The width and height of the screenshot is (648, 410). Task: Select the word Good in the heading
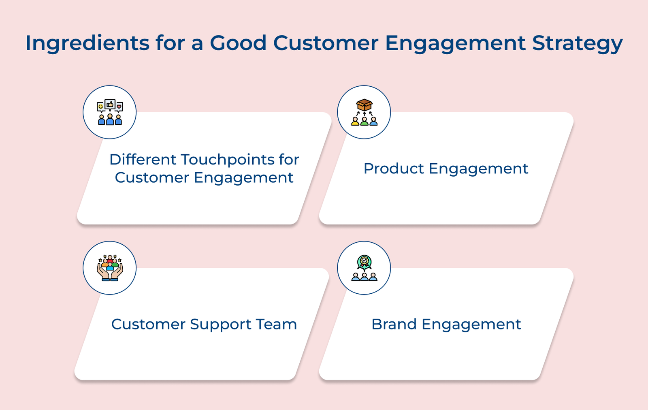point(238,43)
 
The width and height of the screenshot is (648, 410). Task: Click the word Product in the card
point(393,169)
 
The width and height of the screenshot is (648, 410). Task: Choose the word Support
point(221,325)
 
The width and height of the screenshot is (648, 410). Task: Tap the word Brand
point(394,324)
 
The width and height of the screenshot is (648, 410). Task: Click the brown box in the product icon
point(364,105)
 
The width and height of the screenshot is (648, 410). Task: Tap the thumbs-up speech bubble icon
point(110,105)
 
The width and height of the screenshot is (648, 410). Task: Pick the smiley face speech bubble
point(100,107)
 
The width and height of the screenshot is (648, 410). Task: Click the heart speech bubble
point(119,107)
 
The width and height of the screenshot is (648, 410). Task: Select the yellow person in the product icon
point(355,121)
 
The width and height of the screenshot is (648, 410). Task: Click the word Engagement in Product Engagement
point(478,169)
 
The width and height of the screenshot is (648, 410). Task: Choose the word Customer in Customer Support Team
point(148,324)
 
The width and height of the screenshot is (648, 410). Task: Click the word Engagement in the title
point(455,43)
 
